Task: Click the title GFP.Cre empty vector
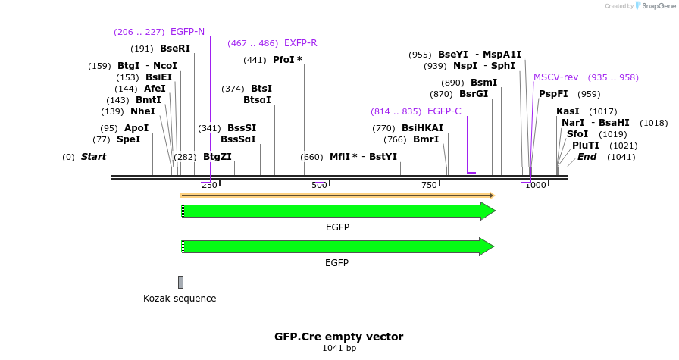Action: coord(339,337)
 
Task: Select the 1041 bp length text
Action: coord(339,349)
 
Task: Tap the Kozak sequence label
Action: coord(180,299)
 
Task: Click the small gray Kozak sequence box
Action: coord(180,282)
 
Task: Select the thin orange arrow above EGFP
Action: coord(337,196)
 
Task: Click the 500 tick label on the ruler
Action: coord(319,186)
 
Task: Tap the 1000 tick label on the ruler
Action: coord(535,186)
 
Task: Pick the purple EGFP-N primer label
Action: coord(187,32)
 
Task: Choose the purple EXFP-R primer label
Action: coord(300,43)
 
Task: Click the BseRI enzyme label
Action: coord(174,49)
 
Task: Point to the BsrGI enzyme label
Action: coord(474,94)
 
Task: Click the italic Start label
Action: coord(93,157)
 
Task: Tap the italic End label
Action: coord(587,157)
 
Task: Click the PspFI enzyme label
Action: coord(552,94)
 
